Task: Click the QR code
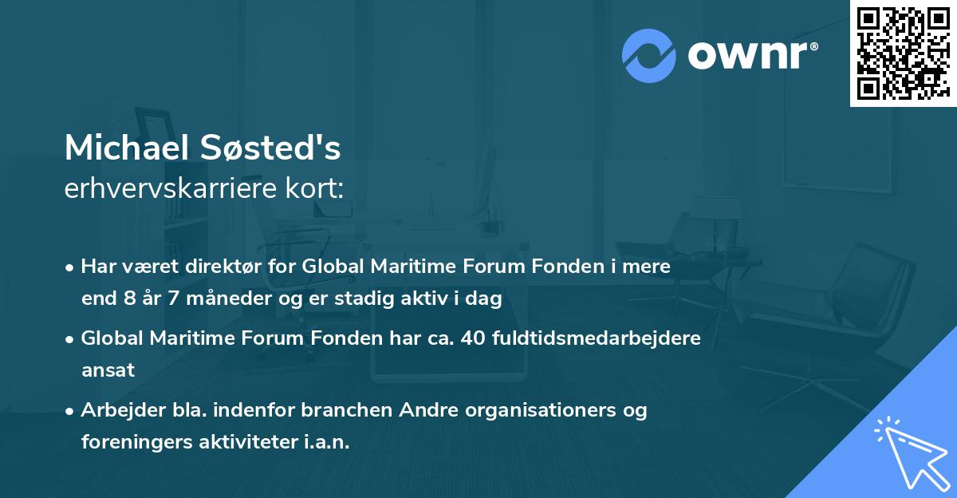[902, 53]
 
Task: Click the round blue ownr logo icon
[648, 56]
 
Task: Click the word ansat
[108, 370]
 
